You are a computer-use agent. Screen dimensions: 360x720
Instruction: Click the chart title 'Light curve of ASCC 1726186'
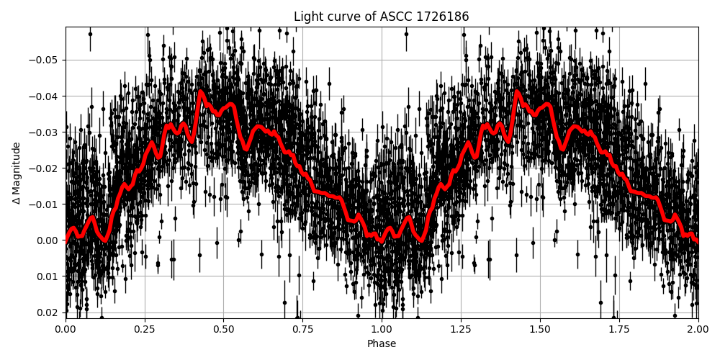[x=381, y=17]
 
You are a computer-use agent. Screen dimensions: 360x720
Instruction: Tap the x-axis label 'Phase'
[x=381, y=344]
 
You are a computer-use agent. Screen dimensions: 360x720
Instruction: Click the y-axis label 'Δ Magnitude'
[x=17, y=173]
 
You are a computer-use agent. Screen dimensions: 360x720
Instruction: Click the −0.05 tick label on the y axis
[x=45, y=60]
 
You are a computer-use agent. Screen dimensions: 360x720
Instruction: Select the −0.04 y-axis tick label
[x=45, y=96]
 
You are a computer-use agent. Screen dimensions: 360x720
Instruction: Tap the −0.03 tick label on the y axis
[x=45, y=132]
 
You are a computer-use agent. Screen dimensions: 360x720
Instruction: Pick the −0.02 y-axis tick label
[x=45, y=168]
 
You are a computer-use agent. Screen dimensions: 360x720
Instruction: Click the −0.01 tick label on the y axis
[x=45, y=204]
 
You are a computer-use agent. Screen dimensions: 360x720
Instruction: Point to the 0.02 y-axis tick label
[x=48, y=312]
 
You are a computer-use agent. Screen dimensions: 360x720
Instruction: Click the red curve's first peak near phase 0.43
[x=200, y=91]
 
